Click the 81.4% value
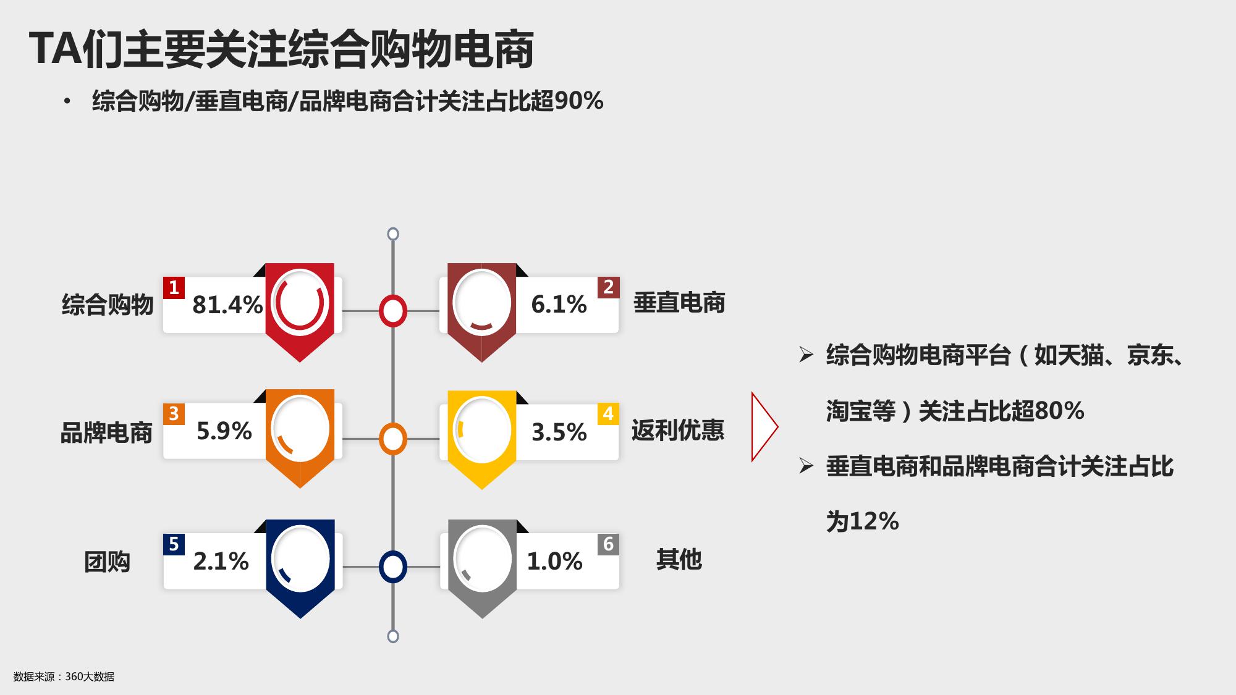pyautogui.click(x=227, y=305)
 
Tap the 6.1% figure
pyautogui.click(x=559, y=304)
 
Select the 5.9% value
pyautogui.click(x=224, y=431)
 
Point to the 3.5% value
pyautogui.click(x=559, y=432)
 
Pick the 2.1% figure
pyautogui.click(x=221, y=561)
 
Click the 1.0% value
pyautogui.click(x=554, y=561)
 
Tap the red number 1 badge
pyautogui.click(x=174, y=288)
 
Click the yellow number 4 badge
pyautogui.click(x=608, y=414)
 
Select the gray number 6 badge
pyautogui.click(x=608, y=544)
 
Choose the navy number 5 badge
pyautogui.click(x=174, y=544)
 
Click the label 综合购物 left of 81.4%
pyautogui.click(x=108, y=305)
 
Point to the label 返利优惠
pyautogui.click(x=678, y=431)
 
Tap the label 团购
pyautogui.click(x=107, y=562)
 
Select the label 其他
pyautogui.click(x=679, y=559)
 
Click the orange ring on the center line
pyautogui.click(x=392, y=425)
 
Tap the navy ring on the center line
pyautogui.click(x=392, y=552)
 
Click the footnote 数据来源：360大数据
pyautogui.click(x=64, y=676)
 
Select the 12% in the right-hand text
pyautogui.click(x=874, y=522)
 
